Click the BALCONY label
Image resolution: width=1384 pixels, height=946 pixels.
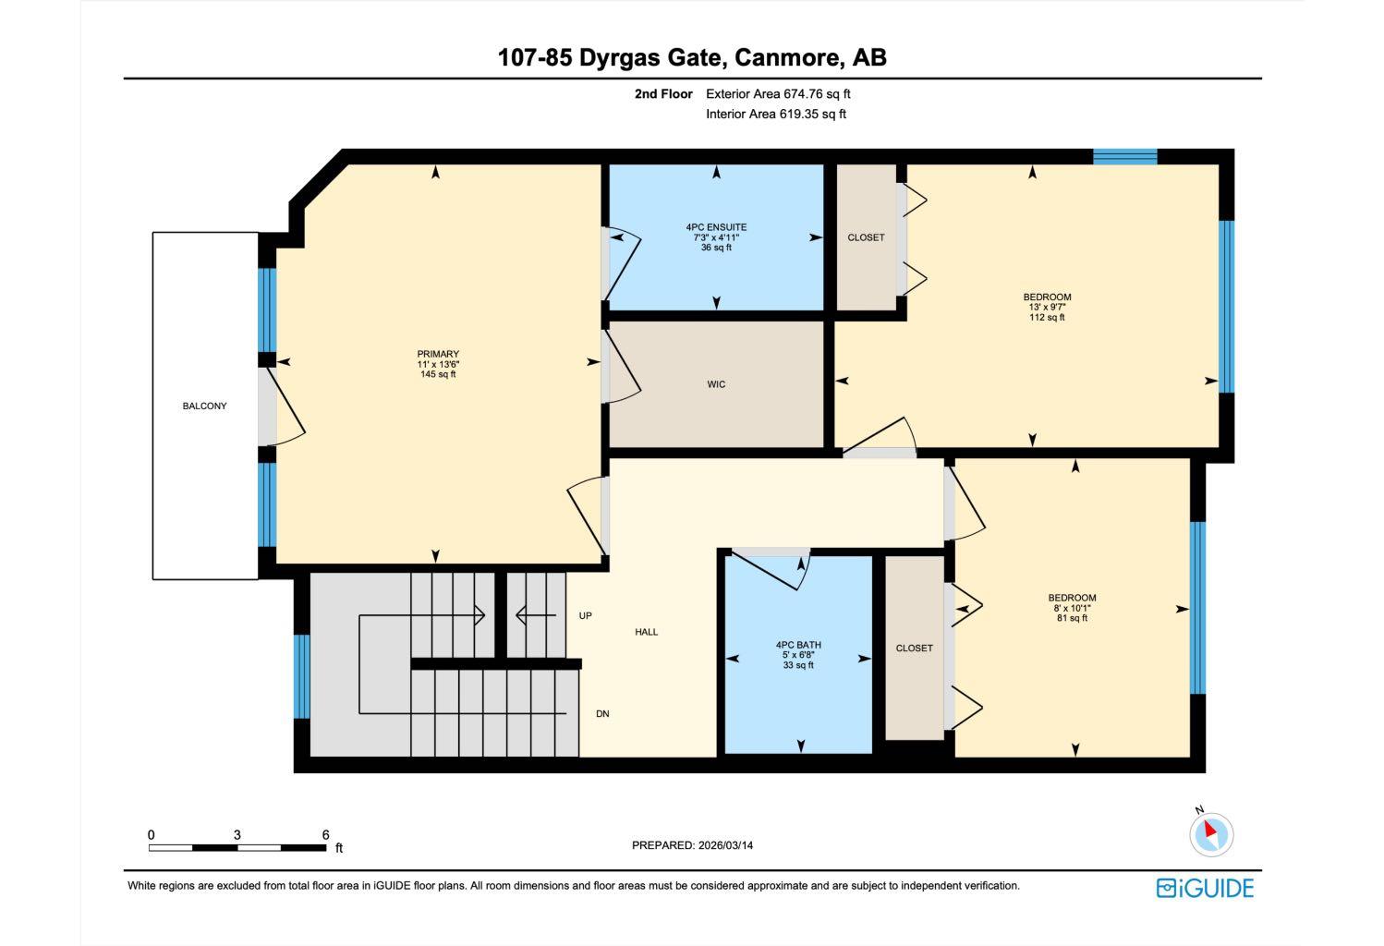(x=204, y=406)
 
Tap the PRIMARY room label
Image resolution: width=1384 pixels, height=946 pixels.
(x=437, y=354)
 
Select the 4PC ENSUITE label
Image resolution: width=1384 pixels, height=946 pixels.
(x=716, y=227)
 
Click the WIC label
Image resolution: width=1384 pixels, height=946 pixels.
(x=716, y=384)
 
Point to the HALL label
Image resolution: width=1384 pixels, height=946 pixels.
(x=646, y=632)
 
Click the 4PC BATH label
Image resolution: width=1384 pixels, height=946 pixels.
(x=798, y=645)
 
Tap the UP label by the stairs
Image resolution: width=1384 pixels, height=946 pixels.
(x=585, y=615)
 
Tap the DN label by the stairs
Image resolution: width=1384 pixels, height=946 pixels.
(x=602, y=714)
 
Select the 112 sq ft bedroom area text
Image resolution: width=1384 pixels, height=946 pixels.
(x=1047, y=317)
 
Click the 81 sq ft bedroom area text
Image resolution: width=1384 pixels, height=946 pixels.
(x=1072, y=618)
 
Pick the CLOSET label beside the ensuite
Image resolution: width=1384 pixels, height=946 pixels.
(x=866, y=237)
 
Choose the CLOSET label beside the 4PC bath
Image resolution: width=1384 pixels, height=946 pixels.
(x=914, y=649)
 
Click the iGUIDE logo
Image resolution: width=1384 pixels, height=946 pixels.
(x=1205, y=888)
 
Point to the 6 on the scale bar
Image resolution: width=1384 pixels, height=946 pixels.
(x=325, y=834)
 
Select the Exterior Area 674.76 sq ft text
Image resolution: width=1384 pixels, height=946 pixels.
(x=778, y=93)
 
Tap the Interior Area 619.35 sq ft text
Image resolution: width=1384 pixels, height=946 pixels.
(x=776, y=115)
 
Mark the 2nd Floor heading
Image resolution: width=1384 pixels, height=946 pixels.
(x=662, y=93)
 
